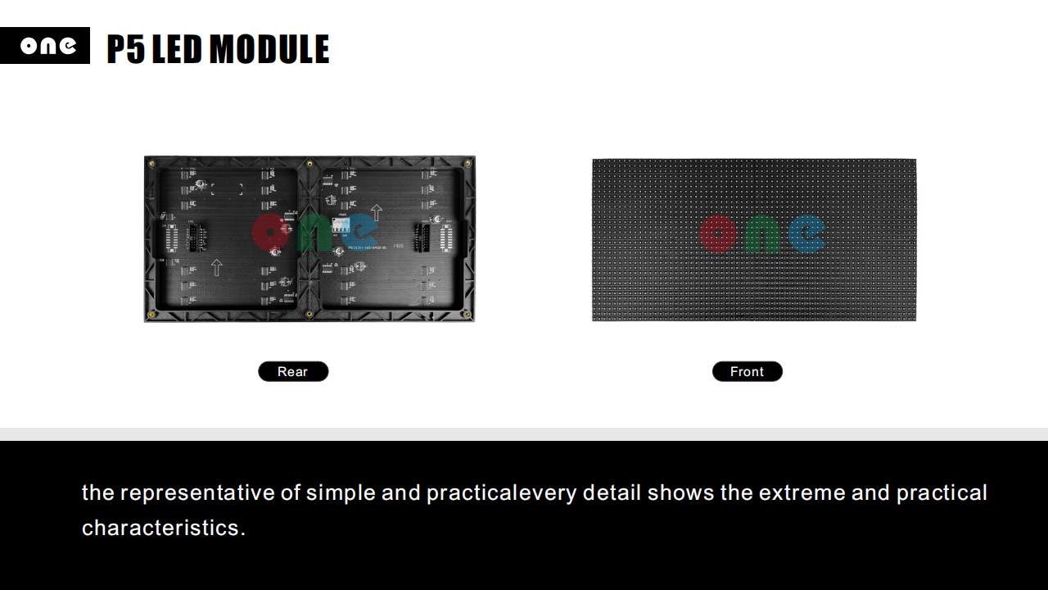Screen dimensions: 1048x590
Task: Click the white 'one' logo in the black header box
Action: [48, 46]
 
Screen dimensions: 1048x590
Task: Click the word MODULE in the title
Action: [269, 48]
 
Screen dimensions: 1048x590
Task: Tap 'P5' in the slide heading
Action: [126, 48]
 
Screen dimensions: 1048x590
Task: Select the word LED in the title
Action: [177, 48]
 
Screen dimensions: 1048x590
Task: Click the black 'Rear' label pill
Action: [293, 371]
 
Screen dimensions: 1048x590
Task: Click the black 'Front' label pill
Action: [748, 371]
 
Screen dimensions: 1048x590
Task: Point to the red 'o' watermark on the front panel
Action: [718, 234]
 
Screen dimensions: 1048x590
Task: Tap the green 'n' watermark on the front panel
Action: [762, 234]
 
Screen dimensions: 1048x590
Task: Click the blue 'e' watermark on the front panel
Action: [806, 234]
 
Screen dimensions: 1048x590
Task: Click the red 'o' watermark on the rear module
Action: [270, 232]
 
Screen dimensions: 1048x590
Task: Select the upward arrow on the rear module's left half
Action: [216, 267]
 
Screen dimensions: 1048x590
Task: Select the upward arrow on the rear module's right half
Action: [376, 212]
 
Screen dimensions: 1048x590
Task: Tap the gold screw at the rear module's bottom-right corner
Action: [467, 314]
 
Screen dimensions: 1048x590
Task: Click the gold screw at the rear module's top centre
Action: [309, 163]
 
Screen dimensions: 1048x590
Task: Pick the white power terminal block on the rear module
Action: [341, 225]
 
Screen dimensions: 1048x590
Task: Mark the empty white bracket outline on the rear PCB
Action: [227, 189]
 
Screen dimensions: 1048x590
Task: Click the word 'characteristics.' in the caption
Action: [164, 528]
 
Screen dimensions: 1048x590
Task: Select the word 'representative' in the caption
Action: [197, 493]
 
